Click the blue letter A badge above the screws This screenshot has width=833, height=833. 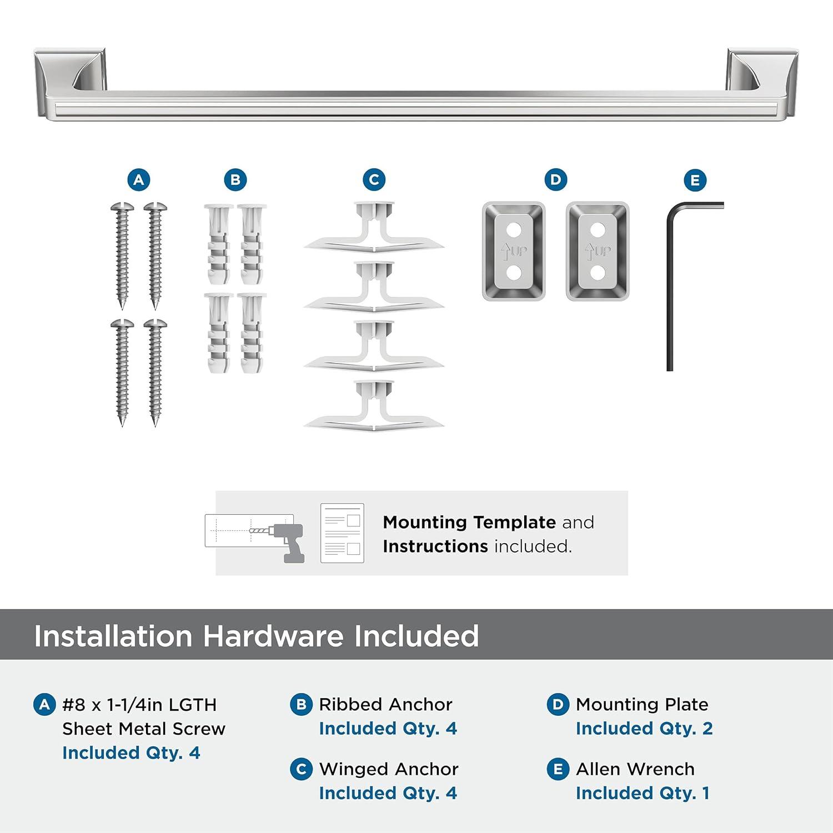click(139, 180)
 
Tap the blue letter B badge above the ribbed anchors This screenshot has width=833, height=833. click(235, 180)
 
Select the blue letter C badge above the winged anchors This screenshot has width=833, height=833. click(374, 180)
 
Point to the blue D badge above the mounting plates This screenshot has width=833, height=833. click(556, 179)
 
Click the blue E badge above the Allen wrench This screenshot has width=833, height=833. click(695, 180)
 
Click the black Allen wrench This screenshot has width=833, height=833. click(670, 289)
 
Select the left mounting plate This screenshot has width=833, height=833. click(514, 251)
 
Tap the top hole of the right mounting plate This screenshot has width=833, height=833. click(598, 229)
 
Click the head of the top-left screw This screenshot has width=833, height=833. click(122, 208)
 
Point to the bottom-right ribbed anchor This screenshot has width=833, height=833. click(252, 333)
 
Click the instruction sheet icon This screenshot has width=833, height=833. click(342, 533)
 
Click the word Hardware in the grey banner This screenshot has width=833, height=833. click(273, 636)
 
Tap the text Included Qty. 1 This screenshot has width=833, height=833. click(643, 793)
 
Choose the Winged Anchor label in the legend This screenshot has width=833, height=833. click(389, 769)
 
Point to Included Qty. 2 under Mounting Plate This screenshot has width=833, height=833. click(644, 729)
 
